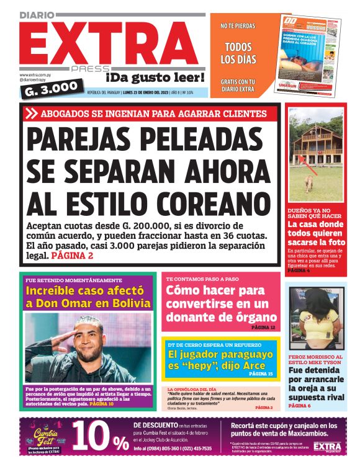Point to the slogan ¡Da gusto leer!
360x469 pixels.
click(155, 78)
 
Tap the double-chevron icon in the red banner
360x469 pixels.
click(32, 114)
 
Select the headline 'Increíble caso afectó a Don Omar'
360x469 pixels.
click(88, 297)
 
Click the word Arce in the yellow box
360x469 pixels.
click(259, 366)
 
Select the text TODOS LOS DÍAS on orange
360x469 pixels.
click(238, 53)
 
